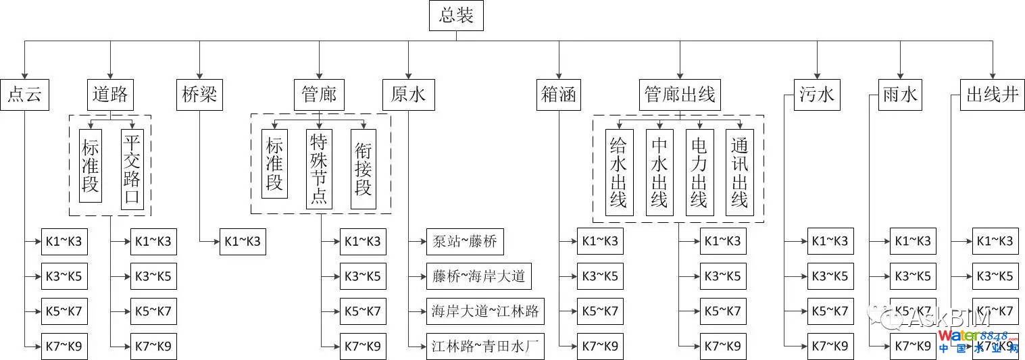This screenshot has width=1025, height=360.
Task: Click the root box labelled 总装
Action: (x=456, y=16)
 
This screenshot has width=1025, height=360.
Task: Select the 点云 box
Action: (x=24, y=95)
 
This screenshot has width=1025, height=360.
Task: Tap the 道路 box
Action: (x=110, y=95)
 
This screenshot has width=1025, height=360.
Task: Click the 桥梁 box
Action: (x=200, y=95)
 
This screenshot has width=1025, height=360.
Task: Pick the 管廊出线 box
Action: (x=680, y=95)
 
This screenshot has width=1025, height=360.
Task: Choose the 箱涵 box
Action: (x=559, y=95)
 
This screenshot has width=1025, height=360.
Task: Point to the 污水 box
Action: (x=817, y=95)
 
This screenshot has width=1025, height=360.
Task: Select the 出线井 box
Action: (x=992, y=95)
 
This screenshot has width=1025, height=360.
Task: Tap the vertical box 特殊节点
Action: (x=318, y=169)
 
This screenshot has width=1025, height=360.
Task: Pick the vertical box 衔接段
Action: (x=363, y=169)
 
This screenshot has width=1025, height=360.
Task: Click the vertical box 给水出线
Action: (x=619, y=172)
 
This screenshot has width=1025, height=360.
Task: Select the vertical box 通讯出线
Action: (x=740, y=172)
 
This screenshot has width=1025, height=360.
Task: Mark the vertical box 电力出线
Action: (x=699, y=172)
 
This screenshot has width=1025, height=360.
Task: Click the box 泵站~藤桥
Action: (x=466, y=241)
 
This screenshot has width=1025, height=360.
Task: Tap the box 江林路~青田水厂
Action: (x=485, y=346)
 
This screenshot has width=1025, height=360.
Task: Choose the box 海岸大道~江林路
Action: (x=485, y=311)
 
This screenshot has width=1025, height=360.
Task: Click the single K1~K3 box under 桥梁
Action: (x=243, y=241)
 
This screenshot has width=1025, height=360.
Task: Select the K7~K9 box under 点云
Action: (x=64, y=346)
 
